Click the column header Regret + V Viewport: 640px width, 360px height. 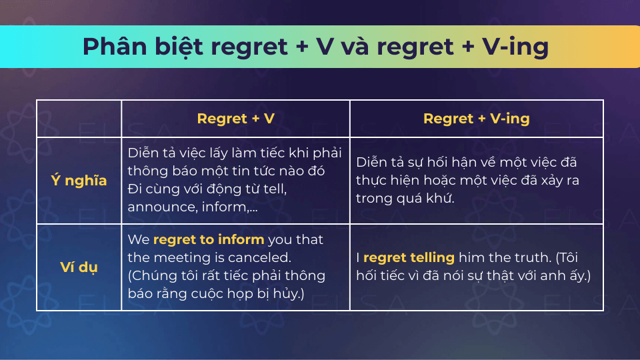pos(235,119)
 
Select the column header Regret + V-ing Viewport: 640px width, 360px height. pos(476,119)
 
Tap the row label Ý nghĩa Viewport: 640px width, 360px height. pos(79,181)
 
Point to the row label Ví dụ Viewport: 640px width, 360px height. pos(79,268)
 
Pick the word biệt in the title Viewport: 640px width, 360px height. pos(179,47)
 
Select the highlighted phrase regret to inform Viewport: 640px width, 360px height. pos(209,239)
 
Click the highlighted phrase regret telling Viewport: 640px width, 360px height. pos(409,257)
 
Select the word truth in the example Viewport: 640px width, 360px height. pos(532,257)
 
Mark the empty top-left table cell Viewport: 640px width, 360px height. pos(79,119)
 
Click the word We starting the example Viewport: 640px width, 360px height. pos(139,239)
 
